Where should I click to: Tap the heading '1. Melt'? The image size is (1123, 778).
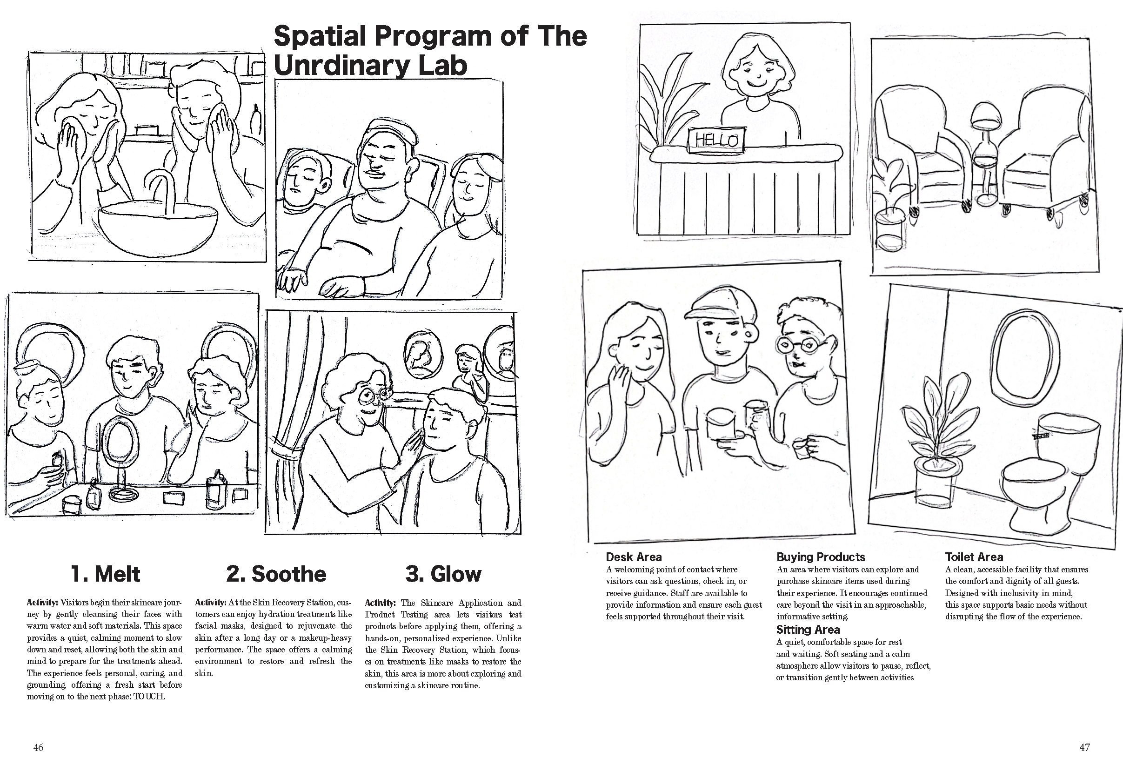105,574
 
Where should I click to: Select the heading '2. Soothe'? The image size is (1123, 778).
276,574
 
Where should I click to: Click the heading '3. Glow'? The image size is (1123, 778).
443,574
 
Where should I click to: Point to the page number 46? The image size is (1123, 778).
39,747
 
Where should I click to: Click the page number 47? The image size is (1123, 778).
1084,747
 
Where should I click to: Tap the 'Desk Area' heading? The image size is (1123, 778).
634,557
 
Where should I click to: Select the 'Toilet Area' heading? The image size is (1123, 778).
974,557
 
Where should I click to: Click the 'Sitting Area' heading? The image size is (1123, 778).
808,629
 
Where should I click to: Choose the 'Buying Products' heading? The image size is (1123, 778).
820,557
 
